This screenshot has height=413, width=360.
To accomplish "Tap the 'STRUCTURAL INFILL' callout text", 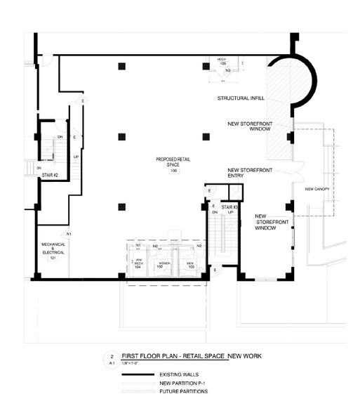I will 241,99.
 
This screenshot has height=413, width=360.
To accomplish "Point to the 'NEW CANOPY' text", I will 317,190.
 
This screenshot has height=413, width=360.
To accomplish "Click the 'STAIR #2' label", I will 49,176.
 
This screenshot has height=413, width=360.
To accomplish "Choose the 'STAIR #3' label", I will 229,209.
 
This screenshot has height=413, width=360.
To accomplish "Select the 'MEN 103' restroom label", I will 189,265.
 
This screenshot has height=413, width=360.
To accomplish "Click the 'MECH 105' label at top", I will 222,63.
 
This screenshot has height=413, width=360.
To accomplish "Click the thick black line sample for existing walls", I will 139,374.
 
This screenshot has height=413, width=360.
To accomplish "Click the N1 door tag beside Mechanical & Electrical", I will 68,232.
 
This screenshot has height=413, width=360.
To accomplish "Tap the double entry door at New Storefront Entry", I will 295,169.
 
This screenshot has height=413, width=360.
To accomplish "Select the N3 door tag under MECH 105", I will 229,71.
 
